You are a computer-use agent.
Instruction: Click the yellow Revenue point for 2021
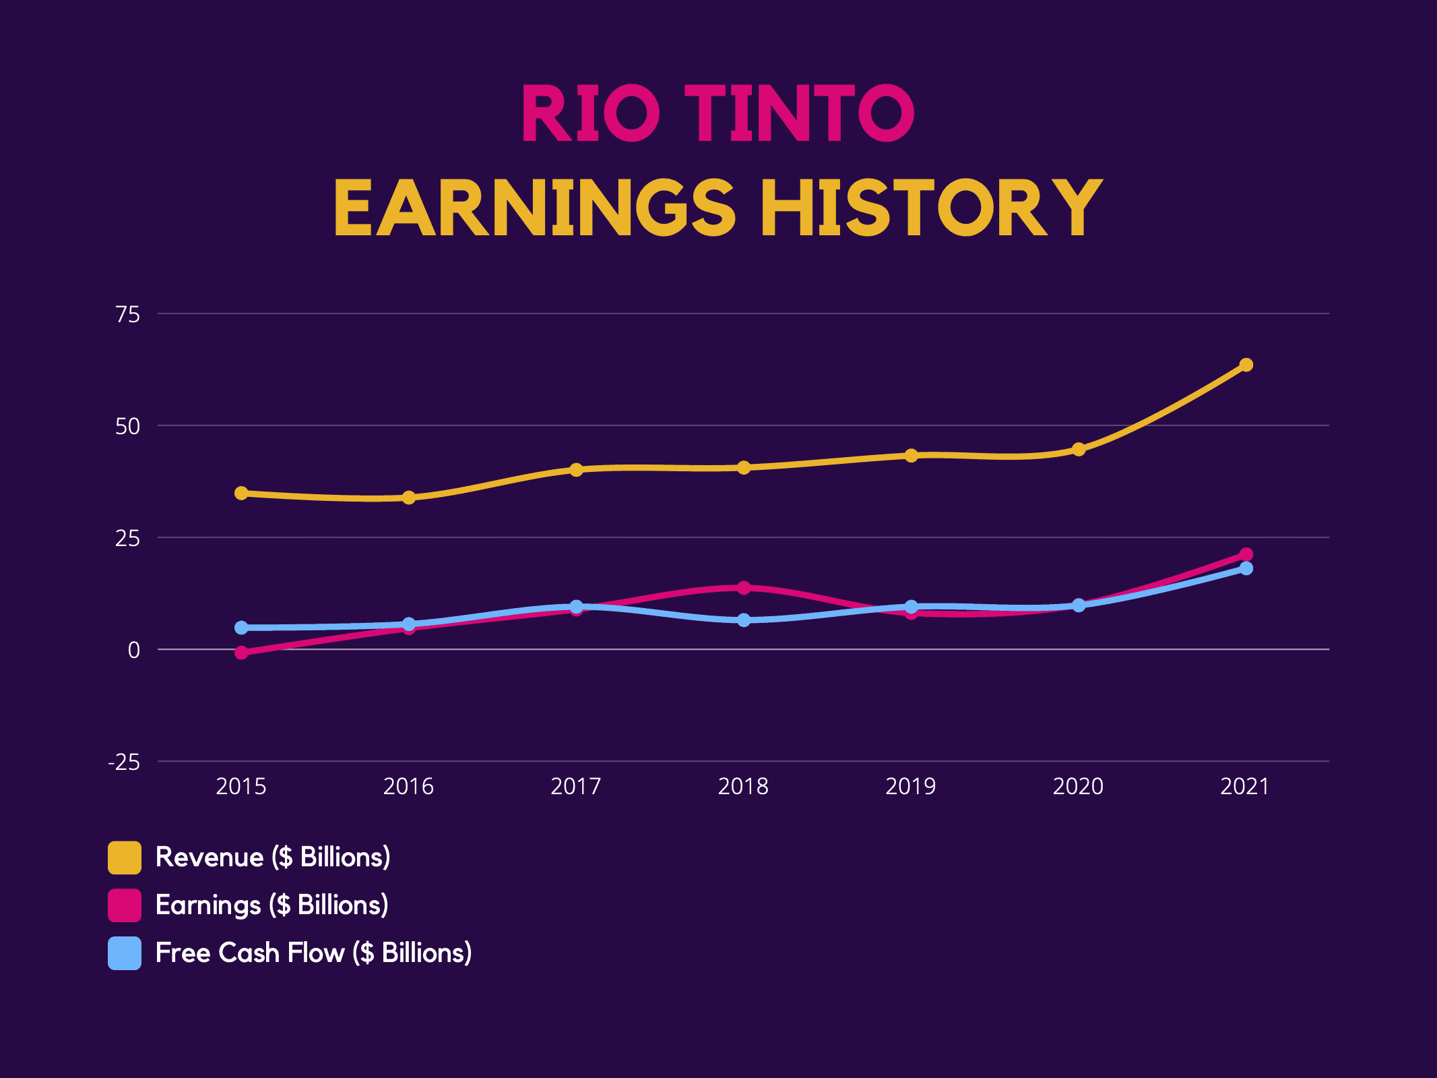tap(1246, 365)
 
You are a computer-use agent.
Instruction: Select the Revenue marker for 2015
tap(241, 493)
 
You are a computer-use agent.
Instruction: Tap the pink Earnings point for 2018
tap(744, 588)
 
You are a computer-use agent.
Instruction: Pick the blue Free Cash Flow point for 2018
tap(744, 620)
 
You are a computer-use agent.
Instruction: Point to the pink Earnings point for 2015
tap(241, 653)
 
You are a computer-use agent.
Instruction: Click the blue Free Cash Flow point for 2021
tap(1246, 568)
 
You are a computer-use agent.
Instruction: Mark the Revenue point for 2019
tap(911, 456)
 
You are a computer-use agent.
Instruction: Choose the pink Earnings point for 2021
tap(1246, 554)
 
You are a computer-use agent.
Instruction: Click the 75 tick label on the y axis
tap(128, 314)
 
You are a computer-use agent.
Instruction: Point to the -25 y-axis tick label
tap(125, 762)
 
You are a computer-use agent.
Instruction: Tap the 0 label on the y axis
tap(134, 650)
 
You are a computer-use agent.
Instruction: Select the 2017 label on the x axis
tap(575, 786)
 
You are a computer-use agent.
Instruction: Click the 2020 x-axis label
tap(1078, 786)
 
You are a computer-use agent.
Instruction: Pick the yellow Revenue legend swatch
tap(125, 858)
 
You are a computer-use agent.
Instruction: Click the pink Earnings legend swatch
tap(125, 905)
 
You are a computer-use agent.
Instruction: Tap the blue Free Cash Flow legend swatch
tap(125, 953)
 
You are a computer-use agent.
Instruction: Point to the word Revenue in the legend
tap(210, 858)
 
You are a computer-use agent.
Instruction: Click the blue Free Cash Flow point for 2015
tap(241, 628)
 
